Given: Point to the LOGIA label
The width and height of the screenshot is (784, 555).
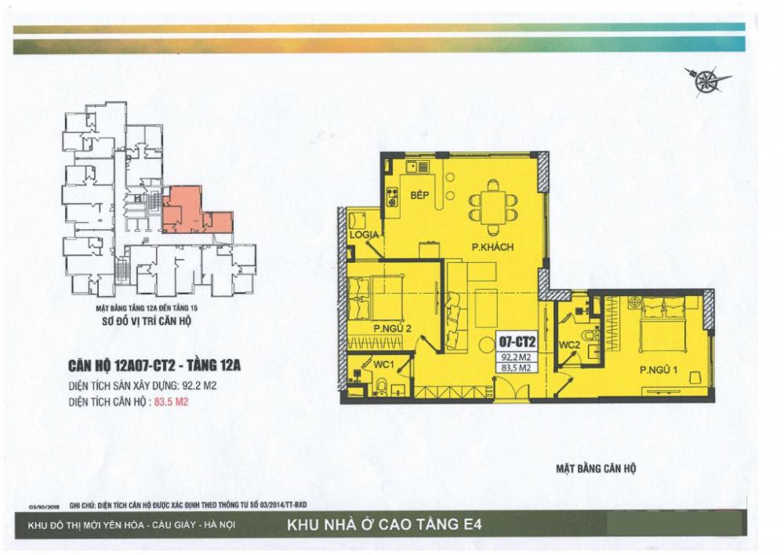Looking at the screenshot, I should tap(365, 236).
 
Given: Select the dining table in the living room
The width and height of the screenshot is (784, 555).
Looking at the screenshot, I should tap(492, 206).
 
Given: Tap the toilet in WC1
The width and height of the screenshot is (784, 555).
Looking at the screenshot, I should tap(382, 385).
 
